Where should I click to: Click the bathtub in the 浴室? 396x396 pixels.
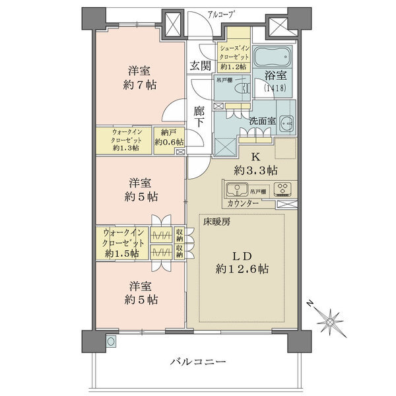273,57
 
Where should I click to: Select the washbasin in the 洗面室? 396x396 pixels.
286,122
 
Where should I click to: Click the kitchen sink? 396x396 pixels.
237,189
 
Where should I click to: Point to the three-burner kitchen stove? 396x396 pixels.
282,189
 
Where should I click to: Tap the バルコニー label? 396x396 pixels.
198,362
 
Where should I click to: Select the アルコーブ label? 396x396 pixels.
220,15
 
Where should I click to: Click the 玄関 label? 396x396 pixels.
201,66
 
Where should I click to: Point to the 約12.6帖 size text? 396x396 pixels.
242,269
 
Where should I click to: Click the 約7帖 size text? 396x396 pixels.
140,85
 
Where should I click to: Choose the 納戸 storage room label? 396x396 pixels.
168,133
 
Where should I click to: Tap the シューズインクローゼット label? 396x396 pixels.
234,53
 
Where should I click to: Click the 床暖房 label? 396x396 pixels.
217,222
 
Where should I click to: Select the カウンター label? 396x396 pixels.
243,203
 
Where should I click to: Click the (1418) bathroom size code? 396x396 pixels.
275,88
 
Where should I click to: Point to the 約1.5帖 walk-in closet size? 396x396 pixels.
121,253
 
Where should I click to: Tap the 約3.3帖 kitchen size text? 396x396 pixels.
255,170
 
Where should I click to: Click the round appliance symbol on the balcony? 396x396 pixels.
111,342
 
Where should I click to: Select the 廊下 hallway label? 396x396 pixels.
199,117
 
